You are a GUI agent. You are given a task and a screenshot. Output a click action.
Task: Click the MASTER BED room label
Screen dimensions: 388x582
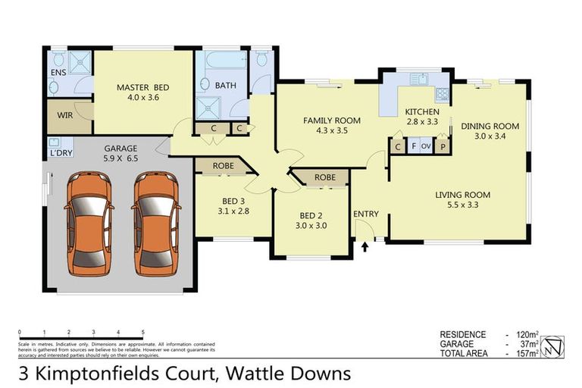(142, 87)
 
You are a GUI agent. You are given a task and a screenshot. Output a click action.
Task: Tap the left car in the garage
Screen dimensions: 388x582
(89, 224)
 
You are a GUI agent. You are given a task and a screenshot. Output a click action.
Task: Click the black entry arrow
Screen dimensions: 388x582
(365, 246)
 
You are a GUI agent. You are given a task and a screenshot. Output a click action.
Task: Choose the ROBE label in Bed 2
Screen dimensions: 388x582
(324, 177)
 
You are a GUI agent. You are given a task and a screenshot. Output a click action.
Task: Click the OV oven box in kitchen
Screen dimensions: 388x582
(427, 145)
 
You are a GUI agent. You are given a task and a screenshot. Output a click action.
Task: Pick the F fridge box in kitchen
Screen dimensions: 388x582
(413, 145)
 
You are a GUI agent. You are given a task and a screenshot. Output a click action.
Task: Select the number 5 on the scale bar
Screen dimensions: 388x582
(142, 333)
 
